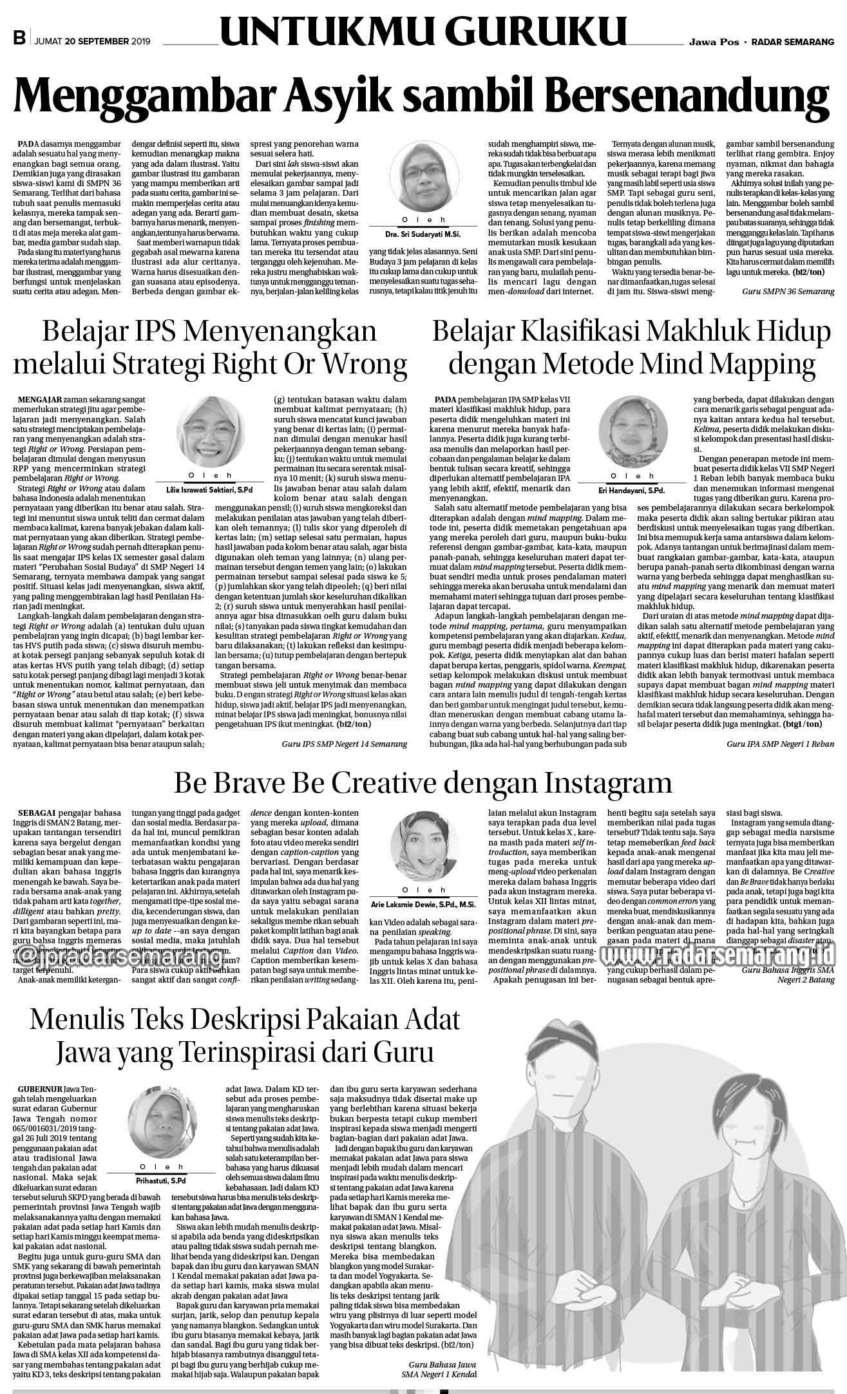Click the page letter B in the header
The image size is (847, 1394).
pyautogui.click(x=19, y=40)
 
